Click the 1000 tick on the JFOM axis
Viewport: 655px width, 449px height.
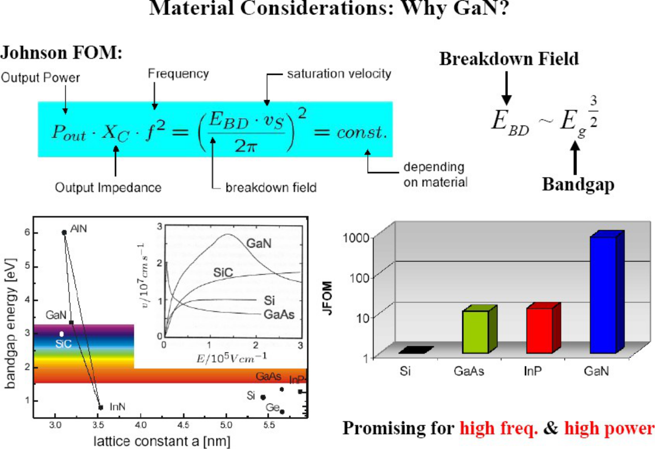[x=356, y=238]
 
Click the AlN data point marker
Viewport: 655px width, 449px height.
[x=64, y=232]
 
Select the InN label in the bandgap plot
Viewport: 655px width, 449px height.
[x=118, y=407]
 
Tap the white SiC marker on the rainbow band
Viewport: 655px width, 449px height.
[x=62, y=334]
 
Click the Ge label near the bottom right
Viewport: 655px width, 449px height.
[x=272, y=408]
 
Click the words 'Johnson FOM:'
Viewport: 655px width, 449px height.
[x=61, y=53]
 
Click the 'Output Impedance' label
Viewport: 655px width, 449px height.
[x=108, y=187]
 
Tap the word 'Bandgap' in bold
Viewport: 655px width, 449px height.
[x=578, y=184]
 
